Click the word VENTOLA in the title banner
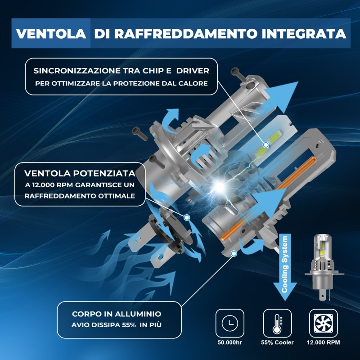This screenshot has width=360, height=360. coord(51,33)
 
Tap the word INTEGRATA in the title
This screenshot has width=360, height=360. coord(304,33)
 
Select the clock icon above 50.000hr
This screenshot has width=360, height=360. coord(230,323)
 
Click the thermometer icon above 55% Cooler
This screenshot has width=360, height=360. coord(277,323)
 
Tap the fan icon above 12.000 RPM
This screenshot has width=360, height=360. coord(323,323)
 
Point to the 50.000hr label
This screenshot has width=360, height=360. coord(230,342)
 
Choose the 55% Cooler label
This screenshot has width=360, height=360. coord(277,342)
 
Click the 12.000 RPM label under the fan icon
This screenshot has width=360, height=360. coord(323,342)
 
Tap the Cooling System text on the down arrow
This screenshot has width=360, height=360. coord(285,264)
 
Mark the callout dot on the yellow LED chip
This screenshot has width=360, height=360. coord(266,144)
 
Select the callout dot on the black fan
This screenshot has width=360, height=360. coord(187,217)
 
